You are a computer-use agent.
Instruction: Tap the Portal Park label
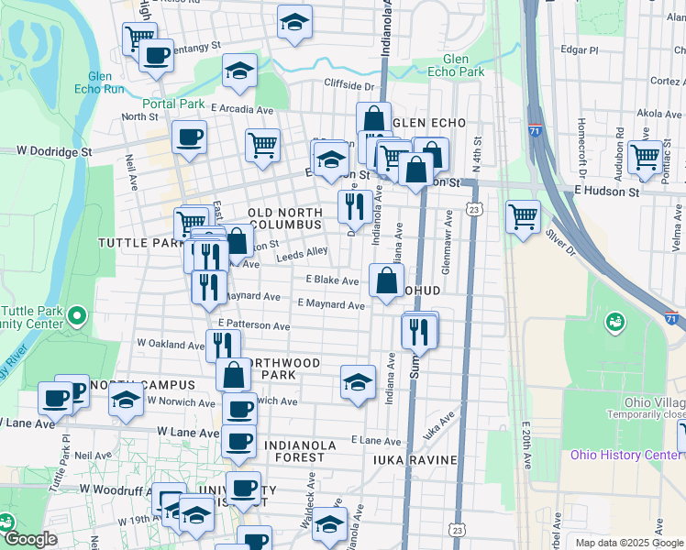174,104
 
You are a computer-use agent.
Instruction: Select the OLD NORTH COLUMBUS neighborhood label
284,218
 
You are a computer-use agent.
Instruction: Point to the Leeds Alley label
302,254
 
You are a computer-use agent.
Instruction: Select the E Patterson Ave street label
255,324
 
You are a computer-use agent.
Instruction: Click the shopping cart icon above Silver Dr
523,217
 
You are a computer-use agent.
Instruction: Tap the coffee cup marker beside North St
189,137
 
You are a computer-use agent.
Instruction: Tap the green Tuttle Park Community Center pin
76,317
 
